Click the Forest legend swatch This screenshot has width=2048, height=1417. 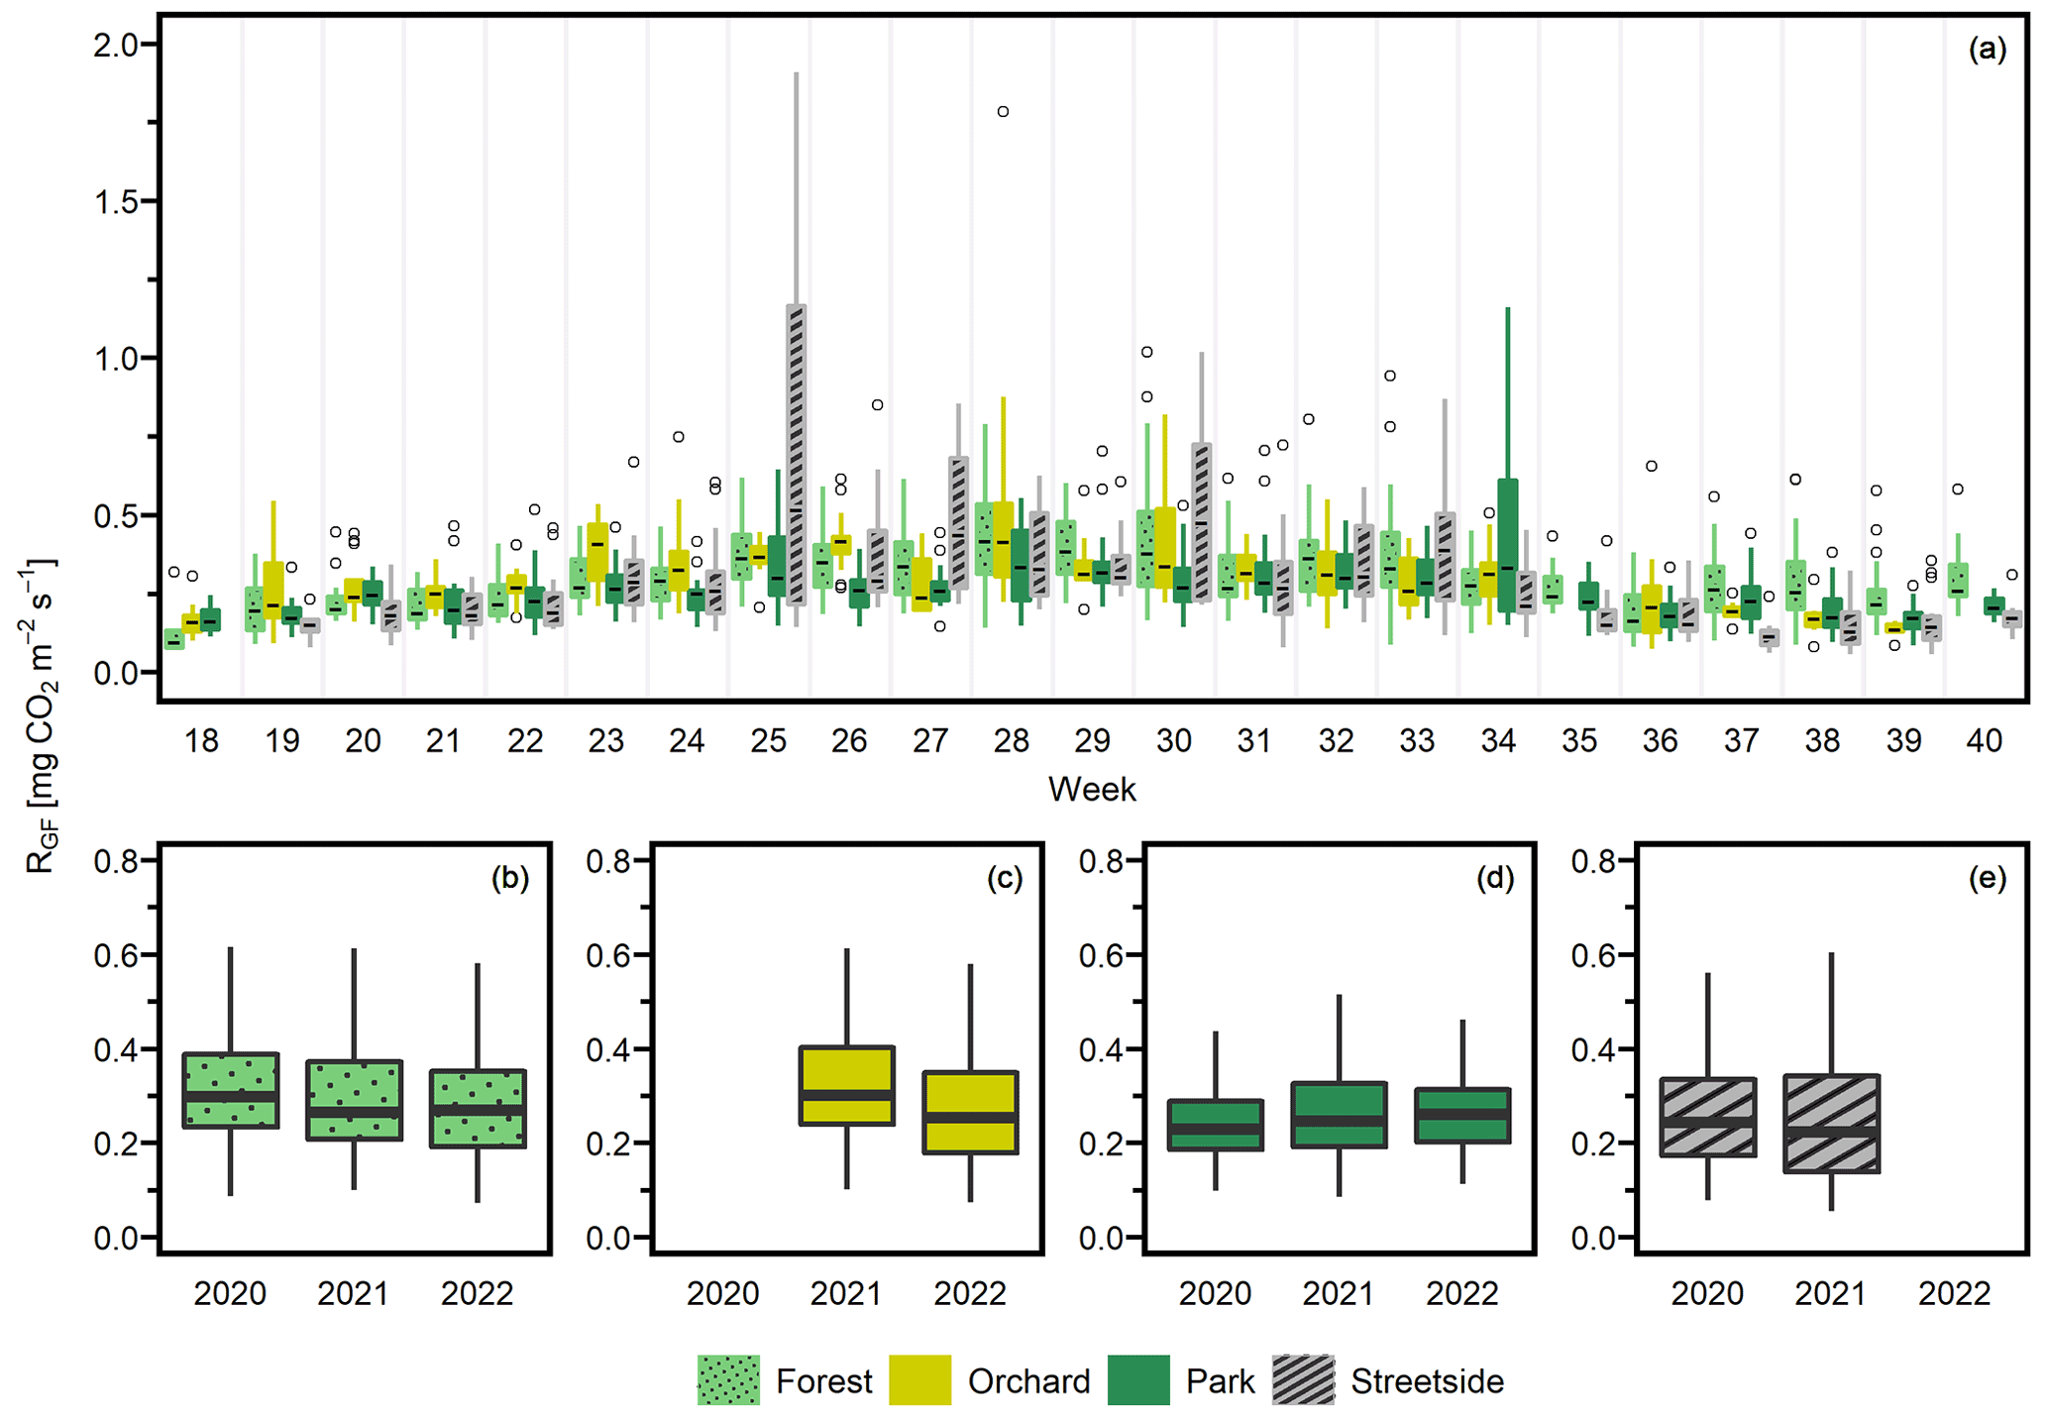pyautogui.click(x=728, y=1379)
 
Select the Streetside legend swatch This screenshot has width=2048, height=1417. pyautogui.click(x=1303, y=1379)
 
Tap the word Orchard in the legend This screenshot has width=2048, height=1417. pyautogui.click(x=1028, y=1381)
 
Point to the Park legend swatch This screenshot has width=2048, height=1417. pyautogui.click(x=1138, y=1379)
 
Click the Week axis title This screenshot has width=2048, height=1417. pyautogui.click(x=1092, y=790)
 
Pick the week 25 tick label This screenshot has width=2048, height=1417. pyautogui.click(x=768, y=741)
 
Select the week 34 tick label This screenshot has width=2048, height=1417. pyautogui.click(x=1498, y=741)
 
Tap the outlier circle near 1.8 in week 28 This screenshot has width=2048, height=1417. pyautogui.click(x=1003, y=112)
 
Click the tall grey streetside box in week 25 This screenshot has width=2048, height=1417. pyautogui.click(x=797, y=456)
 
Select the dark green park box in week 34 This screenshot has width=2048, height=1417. pyautogui.click(x=1507, y=545)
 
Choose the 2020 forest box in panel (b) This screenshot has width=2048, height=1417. pyautogui.click(x=231, y=1090)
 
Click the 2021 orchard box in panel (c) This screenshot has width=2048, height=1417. pyautogui.click(x=847, y=1085)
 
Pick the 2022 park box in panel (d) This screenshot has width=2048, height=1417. pyautogui.click(x=1462, y=1116)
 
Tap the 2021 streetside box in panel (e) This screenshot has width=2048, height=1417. pyautogui.click(x=1831, y=1124)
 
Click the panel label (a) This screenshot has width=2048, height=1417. pyautogui.click(x=1987, y=50)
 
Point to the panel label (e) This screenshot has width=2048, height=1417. pyautogui.click(x=1987, y=878)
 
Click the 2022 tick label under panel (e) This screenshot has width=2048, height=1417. pyautogui.click(x=1954, y=1293)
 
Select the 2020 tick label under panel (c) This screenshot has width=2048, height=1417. pyautogui.click(x=723, y=1293)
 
